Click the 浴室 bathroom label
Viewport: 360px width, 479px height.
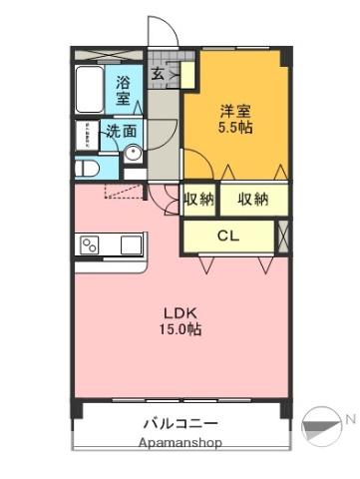click(123, 90)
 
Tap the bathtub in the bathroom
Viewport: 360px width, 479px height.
click(89, 89)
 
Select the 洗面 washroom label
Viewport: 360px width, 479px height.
click(122, 132)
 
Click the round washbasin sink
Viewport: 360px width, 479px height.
click(134, 154)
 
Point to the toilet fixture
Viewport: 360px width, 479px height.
click(87, 169)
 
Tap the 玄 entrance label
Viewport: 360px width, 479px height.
click(158, 74)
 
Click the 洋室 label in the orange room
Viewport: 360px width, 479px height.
click(235, 111)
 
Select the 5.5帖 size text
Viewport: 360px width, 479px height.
click(235, 127)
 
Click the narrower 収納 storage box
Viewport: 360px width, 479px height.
click(199, 200)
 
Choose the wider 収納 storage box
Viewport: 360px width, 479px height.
click(254, 200)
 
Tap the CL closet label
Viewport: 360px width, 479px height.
click(228, 236)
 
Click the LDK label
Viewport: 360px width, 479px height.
click(180, 313)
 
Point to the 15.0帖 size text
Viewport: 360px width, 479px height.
click(180, 329)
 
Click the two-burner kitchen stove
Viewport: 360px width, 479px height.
click(90, 244)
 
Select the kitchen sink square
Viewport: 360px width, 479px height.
click(131, 244)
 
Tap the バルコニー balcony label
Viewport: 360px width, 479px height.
click(180, 424)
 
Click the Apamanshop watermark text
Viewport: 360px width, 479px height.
click(180, 443)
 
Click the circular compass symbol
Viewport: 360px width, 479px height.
click(321, 427)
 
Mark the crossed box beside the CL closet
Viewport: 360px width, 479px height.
click(283, 237)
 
